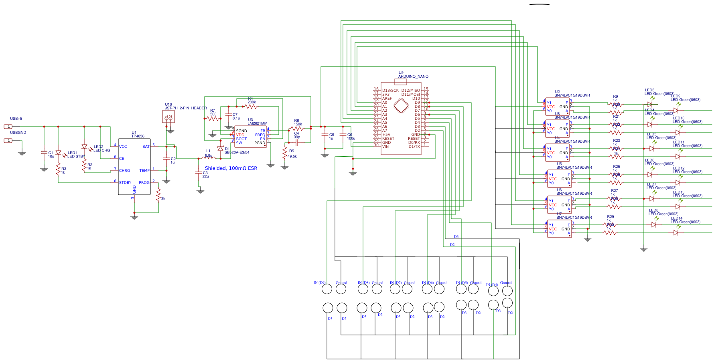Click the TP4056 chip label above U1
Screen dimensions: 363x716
138,136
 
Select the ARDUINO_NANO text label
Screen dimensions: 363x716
413,77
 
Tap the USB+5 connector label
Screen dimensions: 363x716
16,119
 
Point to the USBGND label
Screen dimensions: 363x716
18,133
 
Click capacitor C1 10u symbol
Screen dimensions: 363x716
44,153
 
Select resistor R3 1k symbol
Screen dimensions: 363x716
58,170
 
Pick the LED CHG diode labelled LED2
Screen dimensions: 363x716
85,147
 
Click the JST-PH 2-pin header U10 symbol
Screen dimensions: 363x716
168,117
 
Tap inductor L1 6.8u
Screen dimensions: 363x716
209,158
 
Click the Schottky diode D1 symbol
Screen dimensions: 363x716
220,149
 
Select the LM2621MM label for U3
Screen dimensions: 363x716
257,123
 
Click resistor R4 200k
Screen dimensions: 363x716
251,107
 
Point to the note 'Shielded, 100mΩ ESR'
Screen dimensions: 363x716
231,168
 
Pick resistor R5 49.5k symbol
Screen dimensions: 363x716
285,153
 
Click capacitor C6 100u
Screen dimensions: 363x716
343,135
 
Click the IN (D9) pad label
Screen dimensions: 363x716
319,283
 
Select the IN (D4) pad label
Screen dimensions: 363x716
492,285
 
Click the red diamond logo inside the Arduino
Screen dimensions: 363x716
401,106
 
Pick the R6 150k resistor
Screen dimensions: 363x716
297,129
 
